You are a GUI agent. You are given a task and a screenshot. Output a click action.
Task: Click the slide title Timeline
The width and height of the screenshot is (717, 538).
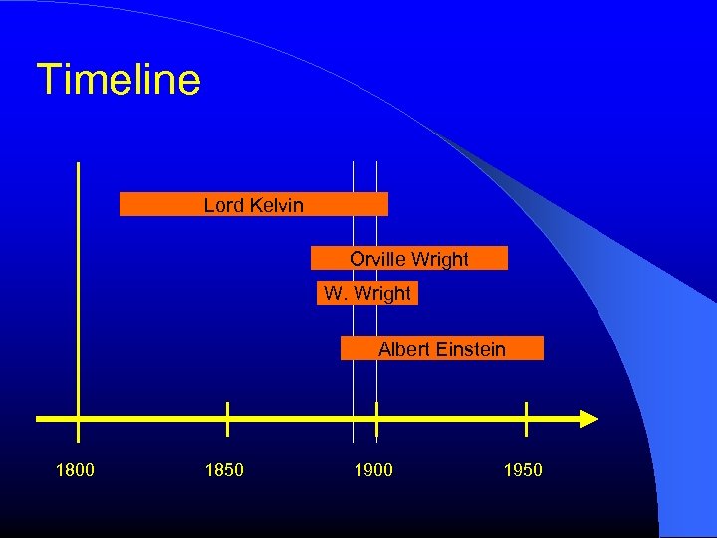tap(119, 80)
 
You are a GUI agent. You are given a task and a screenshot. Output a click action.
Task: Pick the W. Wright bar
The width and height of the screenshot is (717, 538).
tap(367, 293)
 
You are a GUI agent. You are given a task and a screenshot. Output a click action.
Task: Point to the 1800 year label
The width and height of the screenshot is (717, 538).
tap(76, 470)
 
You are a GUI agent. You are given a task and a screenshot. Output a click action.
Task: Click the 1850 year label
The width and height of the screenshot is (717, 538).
tap(224, 470)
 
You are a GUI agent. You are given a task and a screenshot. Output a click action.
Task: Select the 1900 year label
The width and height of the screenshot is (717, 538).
tap(373, 470)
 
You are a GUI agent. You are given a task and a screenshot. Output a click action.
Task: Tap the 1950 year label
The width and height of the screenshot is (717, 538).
tap(523, 470)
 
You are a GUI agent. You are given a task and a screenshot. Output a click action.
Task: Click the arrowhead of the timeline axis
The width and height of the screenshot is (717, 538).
tap(589, 419)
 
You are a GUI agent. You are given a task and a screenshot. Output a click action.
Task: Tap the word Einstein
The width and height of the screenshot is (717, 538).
tap(471, 349)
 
